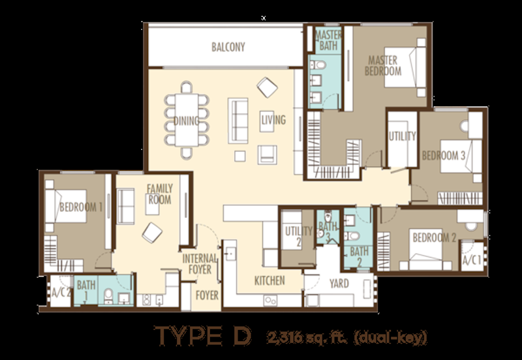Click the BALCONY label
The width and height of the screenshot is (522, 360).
point(228,47)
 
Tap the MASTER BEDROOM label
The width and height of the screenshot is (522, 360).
point(383,65)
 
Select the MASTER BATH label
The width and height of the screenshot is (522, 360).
point(328,40)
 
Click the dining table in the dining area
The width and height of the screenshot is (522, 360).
point(187,121)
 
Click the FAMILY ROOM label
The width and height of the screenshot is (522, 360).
point(159,194)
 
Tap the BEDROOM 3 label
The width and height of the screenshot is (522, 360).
point(444,157)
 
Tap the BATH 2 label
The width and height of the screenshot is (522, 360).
point(359,255)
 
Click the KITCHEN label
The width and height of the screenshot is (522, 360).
point(269,281)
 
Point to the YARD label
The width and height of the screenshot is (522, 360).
point(339,284)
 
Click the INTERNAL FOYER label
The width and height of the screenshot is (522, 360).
point(198,263)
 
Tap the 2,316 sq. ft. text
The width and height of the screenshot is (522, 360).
point(296,337)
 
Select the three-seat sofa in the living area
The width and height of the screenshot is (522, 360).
point(238,120)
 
